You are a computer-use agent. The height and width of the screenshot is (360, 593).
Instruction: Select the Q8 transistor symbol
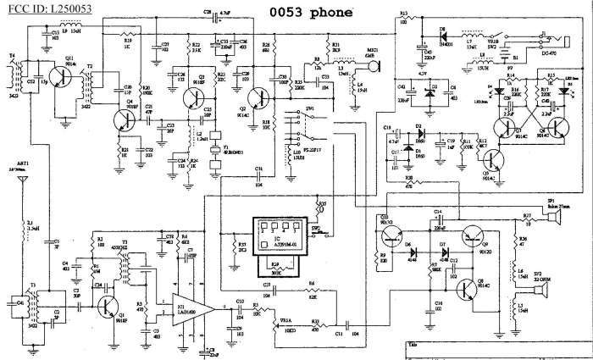point(471,289)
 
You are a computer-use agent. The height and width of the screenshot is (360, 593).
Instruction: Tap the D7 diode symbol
point(441,253)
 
